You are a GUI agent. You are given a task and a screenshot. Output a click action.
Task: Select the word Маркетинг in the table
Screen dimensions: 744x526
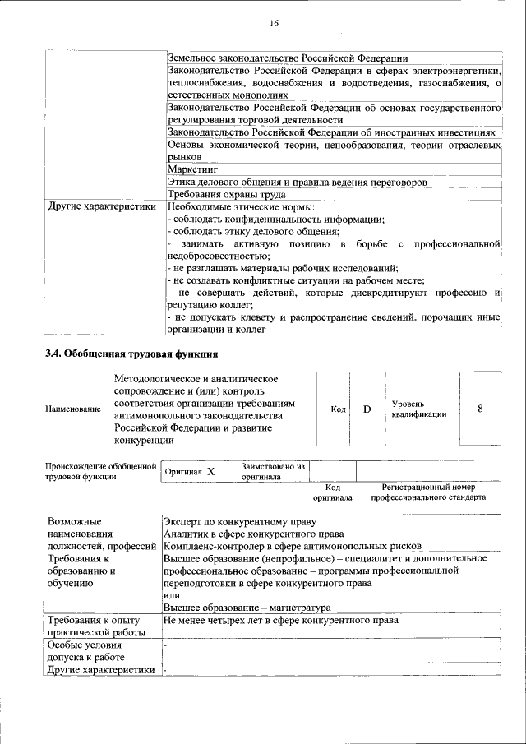click(x=191, y=169)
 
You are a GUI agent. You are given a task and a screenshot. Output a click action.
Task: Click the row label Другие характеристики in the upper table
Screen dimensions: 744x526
click(x=102, y=207)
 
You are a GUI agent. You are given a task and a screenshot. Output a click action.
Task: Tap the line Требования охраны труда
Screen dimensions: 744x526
click(x=226, y=195)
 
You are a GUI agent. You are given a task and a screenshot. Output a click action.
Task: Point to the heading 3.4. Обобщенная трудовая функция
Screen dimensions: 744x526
click(x=131, y=354)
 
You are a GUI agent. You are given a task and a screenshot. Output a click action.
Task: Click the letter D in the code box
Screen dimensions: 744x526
click(x=367, y=409)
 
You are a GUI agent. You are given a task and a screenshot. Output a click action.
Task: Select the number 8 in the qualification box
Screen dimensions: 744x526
click(x=479, y=409)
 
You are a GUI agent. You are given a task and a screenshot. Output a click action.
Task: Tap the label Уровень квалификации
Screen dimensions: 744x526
click(x=419, y=409)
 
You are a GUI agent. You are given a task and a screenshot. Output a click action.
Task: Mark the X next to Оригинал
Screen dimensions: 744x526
click(x=210, y=472)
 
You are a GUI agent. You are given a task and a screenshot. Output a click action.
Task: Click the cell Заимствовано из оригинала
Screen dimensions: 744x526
click(x=273, y=471)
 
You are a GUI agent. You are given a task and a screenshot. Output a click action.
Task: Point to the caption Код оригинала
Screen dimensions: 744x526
click(x=332, y=492)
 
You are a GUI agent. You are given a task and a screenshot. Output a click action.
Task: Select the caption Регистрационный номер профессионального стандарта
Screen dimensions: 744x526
click(x=428, y=492)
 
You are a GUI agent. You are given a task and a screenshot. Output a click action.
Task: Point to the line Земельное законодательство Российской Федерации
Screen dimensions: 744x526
click(x=288, y=58)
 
